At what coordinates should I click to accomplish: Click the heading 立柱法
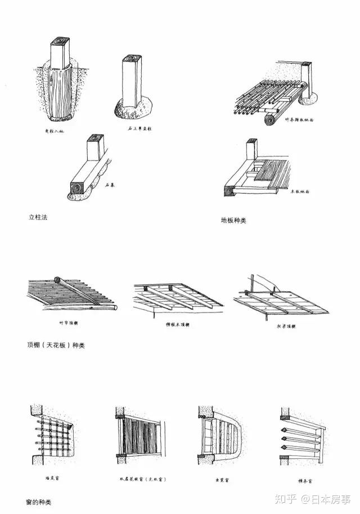coord(38,217)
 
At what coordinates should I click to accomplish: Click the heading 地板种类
coord(233,221)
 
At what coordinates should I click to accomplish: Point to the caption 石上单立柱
coord(139,129)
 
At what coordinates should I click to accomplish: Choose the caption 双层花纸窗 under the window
coord(140,480)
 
